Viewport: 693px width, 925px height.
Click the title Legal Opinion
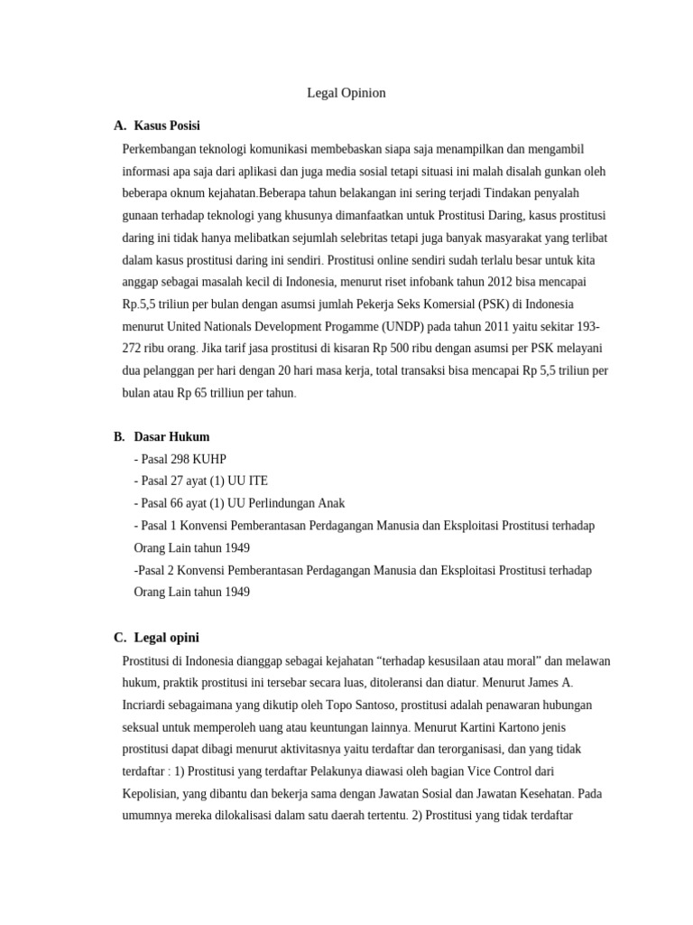[346, 93]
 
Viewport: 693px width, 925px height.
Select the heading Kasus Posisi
[167, 125]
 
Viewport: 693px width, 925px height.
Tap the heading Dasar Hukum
[171, 436]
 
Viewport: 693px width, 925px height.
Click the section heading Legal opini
[166, 637]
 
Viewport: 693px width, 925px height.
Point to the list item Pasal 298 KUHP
[183, 459]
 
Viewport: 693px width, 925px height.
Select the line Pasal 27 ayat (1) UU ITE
[200, 481]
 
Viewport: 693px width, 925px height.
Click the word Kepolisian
[154, 793]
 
